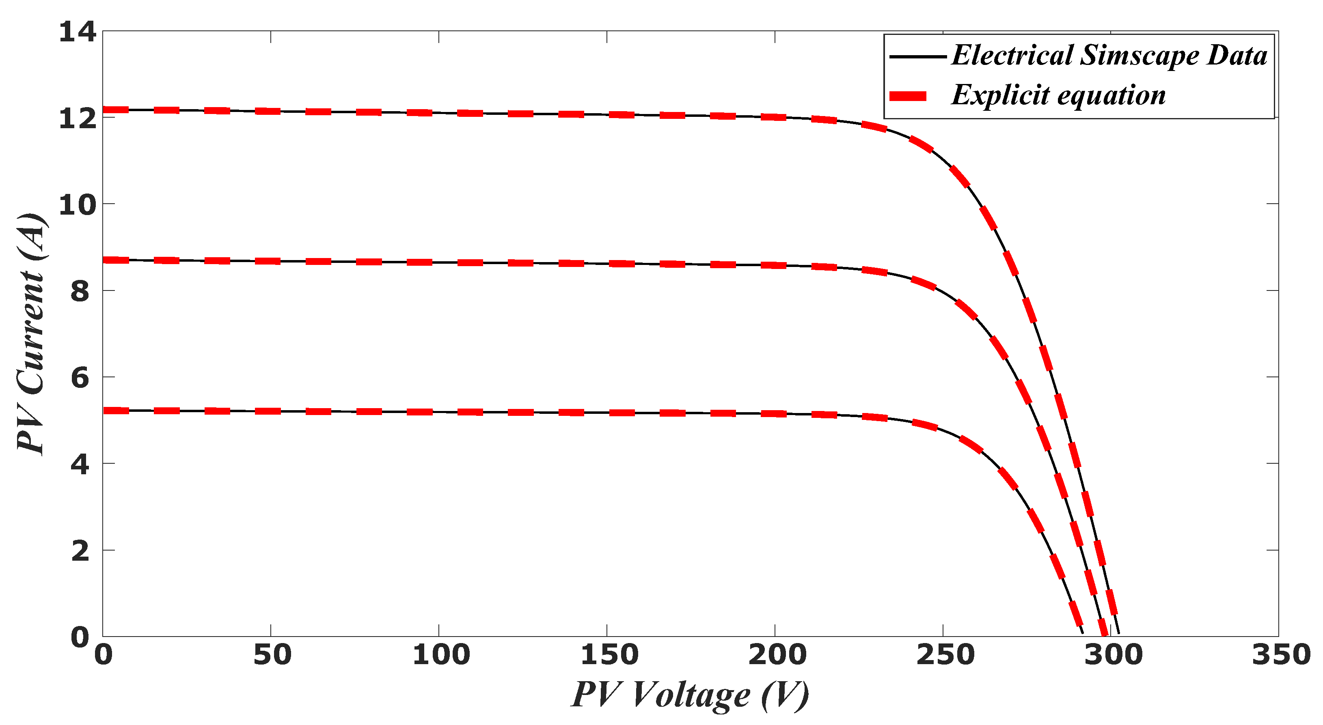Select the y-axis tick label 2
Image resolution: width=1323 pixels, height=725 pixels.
[80, 551]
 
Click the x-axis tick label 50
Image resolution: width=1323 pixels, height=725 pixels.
[272, 655]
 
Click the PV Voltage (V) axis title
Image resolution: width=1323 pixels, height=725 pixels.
[690, 695]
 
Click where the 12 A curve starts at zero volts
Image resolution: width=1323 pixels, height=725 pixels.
[104, 110]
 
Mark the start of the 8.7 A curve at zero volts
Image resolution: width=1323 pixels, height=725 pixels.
[104, 260]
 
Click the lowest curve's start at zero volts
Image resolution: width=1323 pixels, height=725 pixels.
[104, 410]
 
